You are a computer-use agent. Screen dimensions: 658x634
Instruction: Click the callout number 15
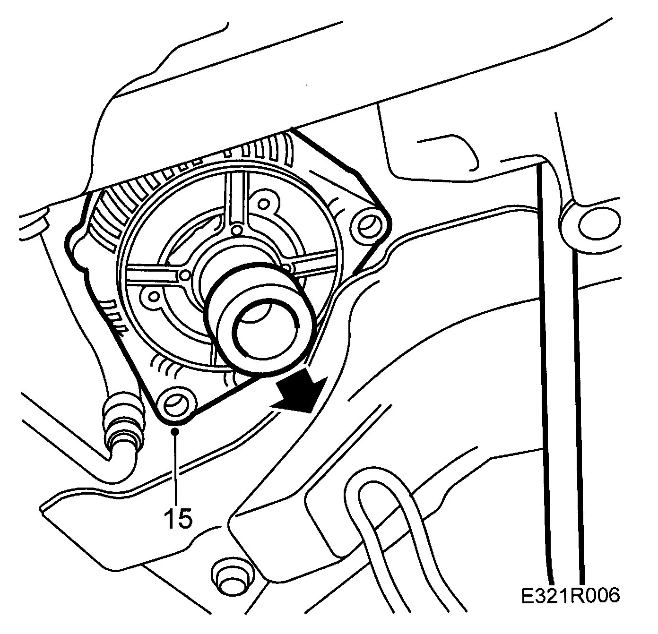[x=179, y=518]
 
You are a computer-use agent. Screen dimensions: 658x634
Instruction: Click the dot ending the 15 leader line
[x=176, y=430]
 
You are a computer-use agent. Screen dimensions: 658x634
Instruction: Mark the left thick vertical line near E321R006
[x=545, y=378]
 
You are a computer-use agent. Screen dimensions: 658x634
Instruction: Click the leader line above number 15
[x=176, y=468]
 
